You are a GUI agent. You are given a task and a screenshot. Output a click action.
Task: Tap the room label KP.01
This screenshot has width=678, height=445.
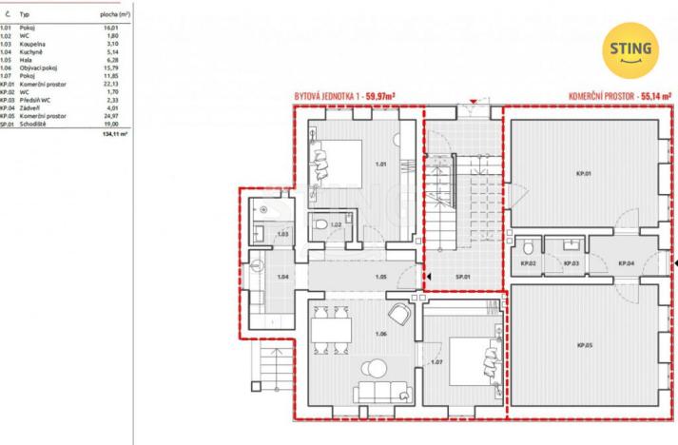(582, 174)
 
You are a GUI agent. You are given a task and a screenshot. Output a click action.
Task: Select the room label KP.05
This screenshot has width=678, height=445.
(583, 343)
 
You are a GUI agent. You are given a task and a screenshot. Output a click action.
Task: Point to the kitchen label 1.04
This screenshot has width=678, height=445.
(282, 277)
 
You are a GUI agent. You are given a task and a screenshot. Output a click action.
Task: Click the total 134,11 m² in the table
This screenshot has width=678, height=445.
(114, 134)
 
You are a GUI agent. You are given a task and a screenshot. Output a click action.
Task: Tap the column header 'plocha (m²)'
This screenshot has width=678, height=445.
(114, 17)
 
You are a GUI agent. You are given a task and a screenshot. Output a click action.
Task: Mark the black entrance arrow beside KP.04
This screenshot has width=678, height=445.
(673, 263)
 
